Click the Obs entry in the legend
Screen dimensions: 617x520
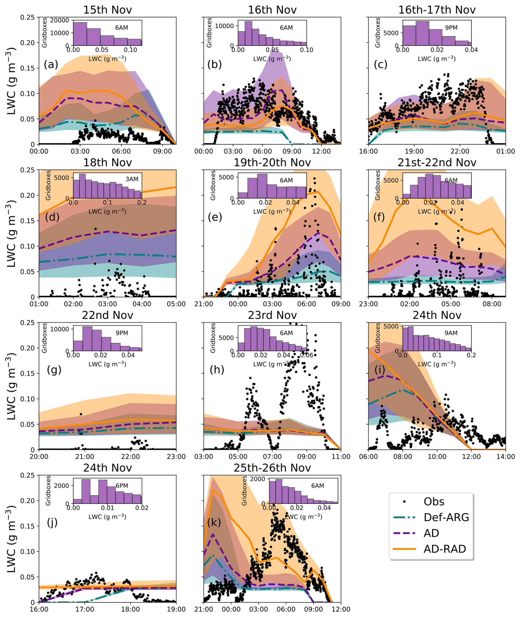[434, 502]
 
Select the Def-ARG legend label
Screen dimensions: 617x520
[446, 517]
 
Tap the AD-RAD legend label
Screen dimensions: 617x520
[444, 549]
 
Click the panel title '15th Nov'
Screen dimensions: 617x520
[107, 10]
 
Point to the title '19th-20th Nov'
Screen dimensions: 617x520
[272, 163]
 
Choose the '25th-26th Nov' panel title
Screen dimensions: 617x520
[272, 468]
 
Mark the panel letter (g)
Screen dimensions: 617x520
[54, 369]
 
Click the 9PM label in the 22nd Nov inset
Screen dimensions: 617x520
[122, 333]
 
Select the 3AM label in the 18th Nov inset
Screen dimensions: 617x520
[132, 179]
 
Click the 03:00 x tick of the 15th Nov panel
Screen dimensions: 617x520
[80, 151]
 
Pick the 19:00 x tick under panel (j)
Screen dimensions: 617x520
[176, 609]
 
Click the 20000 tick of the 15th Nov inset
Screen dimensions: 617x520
[60, 20]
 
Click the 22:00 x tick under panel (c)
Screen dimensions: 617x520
[460, 151]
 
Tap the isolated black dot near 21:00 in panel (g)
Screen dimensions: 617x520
[81, 414]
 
